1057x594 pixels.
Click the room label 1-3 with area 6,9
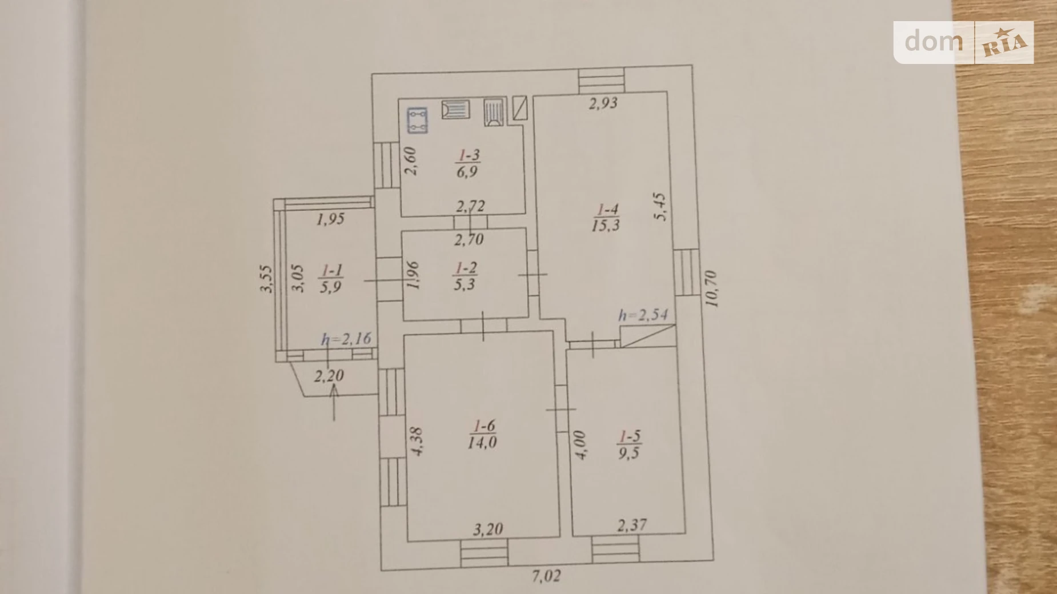point(467,163)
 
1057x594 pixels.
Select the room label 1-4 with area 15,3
point(606,218)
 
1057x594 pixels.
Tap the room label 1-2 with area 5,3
point(465,276)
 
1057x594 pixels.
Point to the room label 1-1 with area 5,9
point(331,278)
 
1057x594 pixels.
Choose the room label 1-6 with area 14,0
point(483,434)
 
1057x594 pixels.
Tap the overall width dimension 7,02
point(546,576)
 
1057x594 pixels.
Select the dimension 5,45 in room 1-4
point(660,206)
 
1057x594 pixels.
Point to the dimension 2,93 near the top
point(603,103)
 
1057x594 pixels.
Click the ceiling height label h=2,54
point(643,315)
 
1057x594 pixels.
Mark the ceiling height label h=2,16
point(346,339)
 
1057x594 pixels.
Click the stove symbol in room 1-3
point(417,121)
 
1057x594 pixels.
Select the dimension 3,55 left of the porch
point(266,279)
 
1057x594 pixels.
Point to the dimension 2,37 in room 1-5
point(632,524)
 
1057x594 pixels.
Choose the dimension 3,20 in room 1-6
point(488,529)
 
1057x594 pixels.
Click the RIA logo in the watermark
point(1004,43)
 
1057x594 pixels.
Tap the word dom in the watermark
point(934,42)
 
